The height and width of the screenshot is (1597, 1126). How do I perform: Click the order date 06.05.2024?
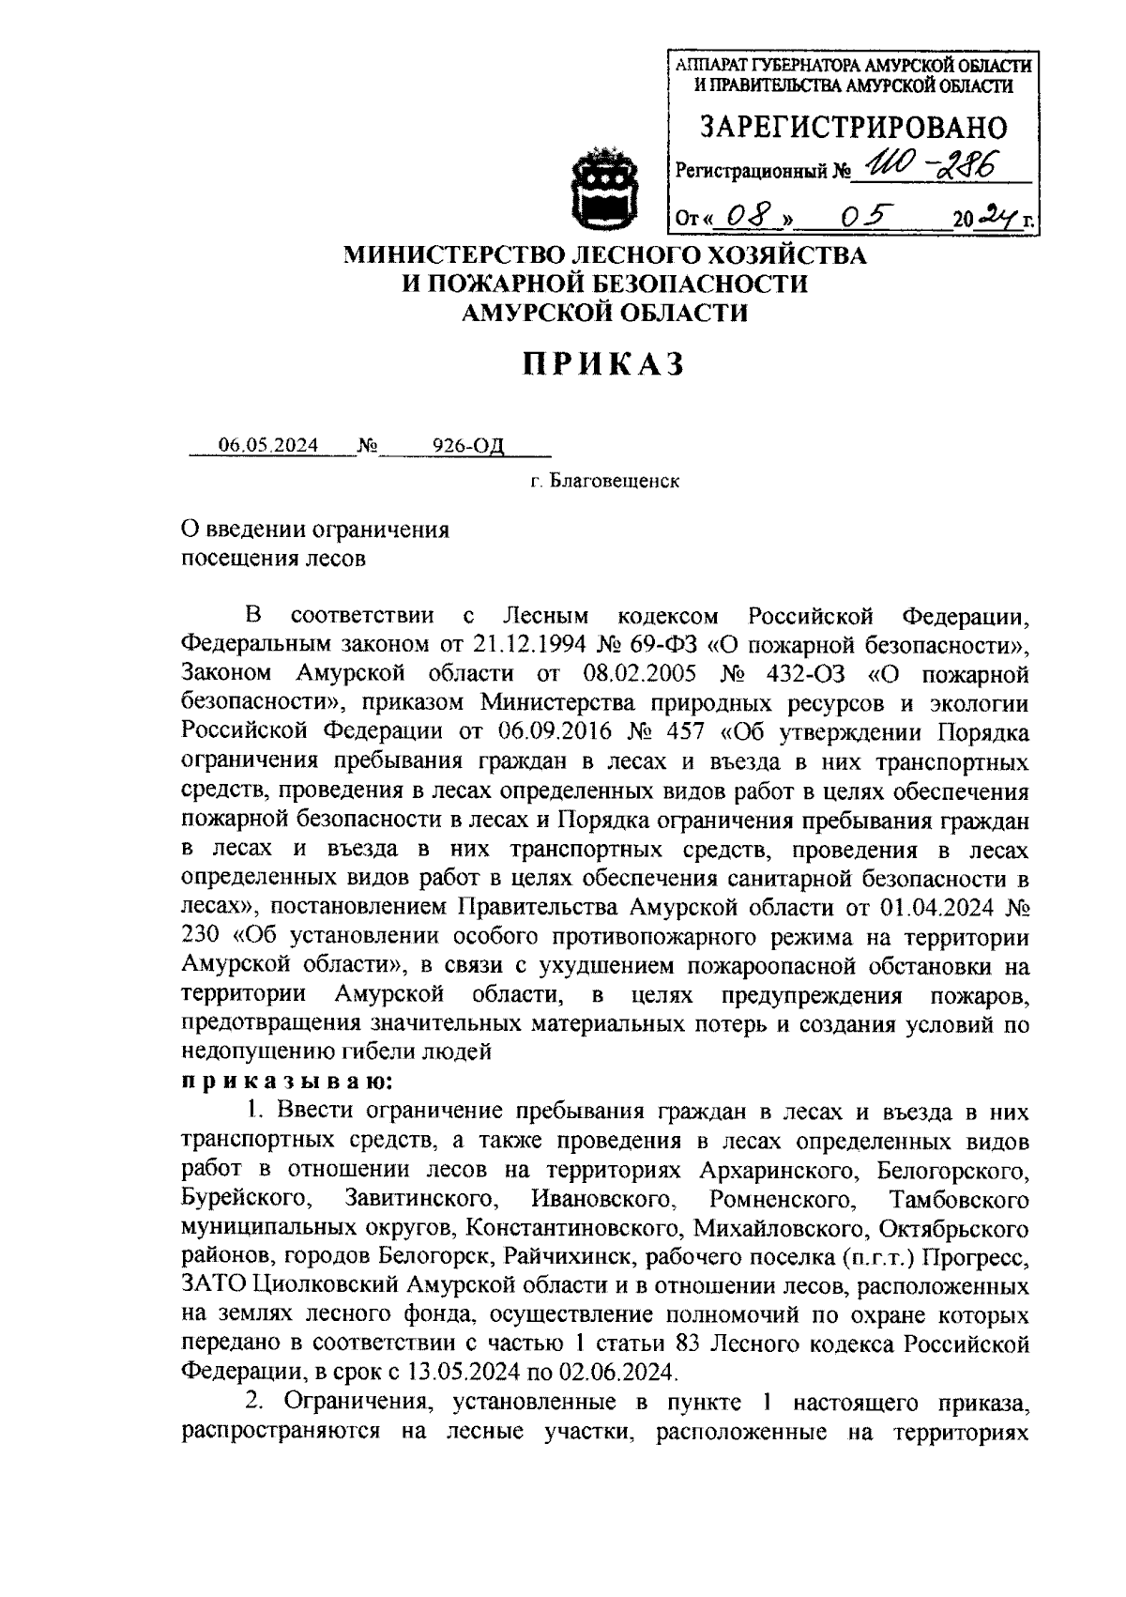click(x=267, y=445)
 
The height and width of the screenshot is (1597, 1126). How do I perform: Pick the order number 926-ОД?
click(x=468, y=445)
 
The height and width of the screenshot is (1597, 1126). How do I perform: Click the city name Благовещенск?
click(x=614, y=482)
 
